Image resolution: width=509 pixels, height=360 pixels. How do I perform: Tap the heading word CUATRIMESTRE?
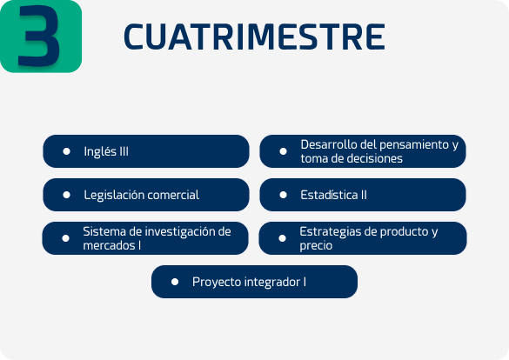click(254, 37)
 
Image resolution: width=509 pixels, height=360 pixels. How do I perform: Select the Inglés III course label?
click(106, 151)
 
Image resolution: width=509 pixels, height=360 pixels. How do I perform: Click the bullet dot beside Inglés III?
click(66, 151)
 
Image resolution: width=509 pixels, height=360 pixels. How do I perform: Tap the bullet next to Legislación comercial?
click(66, 195)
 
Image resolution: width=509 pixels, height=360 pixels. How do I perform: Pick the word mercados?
click(109, 245)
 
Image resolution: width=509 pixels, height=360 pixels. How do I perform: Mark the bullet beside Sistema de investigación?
click(65, 238)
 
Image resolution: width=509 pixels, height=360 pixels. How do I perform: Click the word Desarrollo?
click(327, 144)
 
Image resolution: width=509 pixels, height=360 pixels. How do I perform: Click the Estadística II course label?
click(334, 195)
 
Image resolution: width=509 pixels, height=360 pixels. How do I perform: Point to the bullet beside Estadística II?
click(283, 195)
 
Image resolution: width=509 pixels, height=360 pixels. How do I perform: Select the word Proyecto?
click(217, 282)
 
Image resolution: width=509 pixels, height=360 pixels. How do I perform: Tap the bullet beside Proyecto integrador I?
click(175, 282)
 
